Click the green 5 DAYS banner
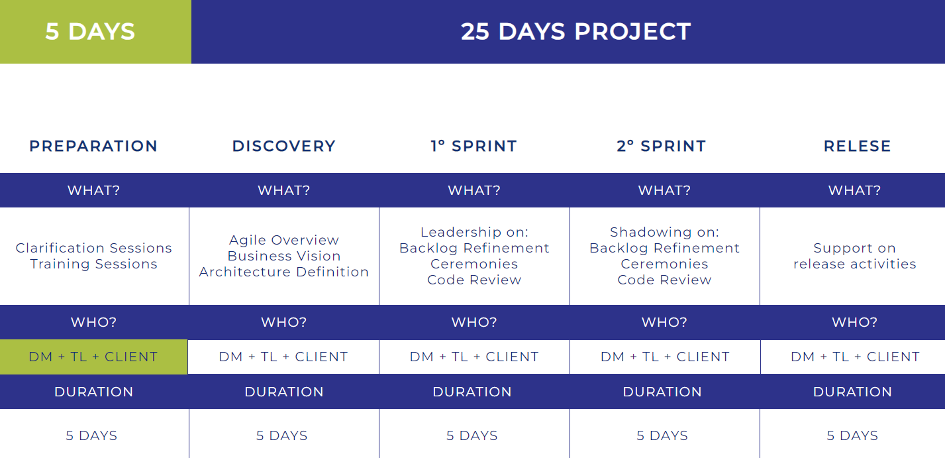coord(95,32)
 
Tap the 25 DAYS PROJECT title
coord(576,32)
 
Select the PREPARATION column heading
coord(93,146)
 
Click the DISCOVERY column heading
coord(284,146)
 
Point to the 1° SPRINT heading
coord(473,146)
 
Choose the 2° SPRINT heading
coord(661,146)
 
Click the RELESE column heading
coord(857,146)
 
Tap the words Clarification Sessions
coord(93,248)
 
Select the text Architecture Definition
coord(284,272)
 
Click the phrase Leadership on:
coord(474,232)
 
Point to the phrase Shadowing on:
coord(664,232)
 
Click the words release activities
coord(855,264)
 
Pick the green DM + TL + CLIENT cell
coord(93,357)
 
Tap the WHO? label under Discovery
coord(284,322)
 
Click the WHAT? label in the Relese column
coord(855,190)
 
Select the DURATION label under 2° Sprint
coord(662,392)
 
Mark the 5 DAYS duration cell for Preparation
coord(91,435)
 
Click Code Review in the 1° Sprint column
coord(474,280)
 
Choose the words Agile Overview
coord(284,240)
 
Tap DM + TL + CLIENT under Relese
coord(855,357)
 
